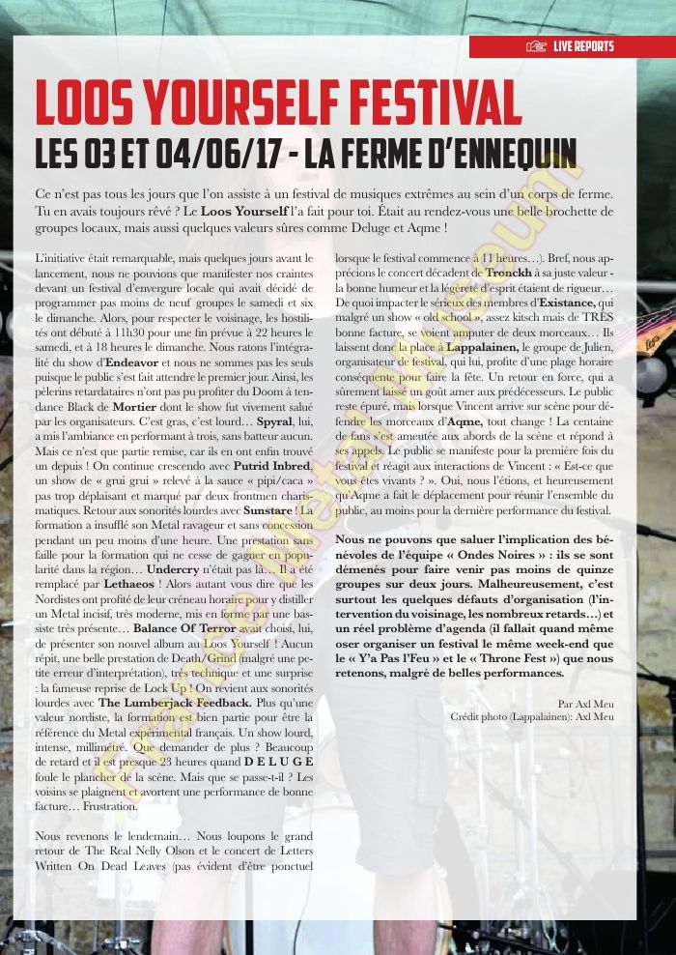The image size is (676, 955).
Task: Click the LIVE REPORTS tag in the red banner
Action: click(583, 46)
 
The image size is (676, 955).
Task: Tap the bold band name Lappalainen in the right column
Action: click(481, 343)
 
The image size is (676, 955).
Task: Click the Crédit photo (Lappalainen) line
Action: click(531, 716)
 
